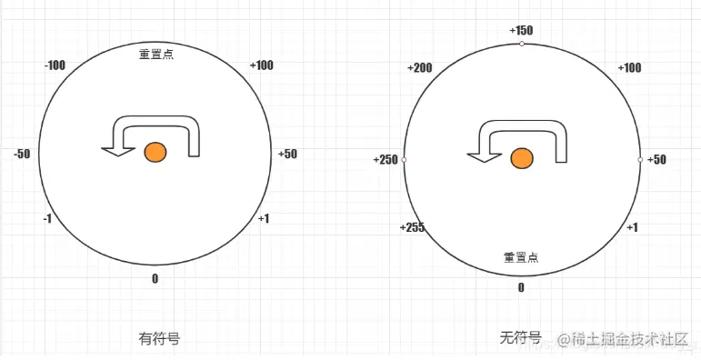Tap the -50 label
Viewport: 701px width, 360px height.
22,154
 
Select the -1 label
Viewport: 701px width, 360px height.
47,218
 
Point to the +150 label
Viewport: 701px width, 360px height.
521,30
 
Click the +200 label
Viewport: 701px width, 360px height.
420,68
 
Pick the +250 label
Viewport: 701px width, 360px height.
386,160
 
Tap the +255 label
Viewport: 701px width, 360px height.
412,227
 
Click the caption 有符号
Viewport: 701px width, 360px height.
158,338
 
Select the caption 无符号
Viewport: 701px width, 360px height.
520,338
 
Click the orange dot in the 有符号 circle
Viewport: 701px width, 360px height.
155,153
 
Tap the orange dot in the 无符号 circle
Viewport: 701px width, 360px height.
521,159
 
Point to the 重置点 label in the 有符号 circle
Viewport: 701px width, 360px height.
156,54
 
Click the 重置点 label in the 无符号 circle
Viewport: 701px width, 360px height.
521,257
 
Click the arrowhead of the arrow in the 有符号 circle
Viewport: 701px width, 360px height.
113,150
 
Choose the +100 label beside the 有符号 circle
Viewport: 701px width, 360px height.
261,65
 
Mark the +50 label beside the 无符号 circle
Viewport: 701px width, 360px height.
656,160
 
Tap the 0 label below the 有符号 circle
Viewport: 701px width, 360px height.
155,278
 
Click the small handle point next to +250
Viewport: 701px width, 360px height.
404,160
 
